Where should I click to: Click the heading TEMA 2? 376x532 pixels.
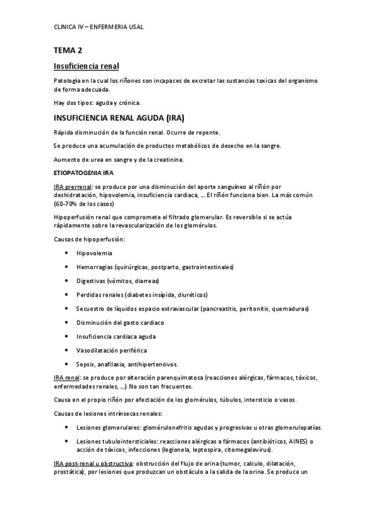coord(68,50)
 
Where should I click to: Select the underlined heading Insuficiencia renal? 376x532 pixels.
coord(85,66)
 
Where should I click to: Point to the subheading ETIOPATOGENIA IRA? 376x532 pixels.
coord(83,171)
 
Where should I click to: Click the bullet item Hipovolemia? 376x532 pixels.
coord(94,253)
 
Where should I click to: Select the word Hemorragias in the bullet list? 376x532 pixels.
coord(95,267)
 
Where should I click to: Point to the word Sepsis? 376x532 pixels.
coord(85,364)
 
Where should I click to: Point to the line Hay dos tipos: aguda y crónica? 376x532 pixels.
coord(97,102)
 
